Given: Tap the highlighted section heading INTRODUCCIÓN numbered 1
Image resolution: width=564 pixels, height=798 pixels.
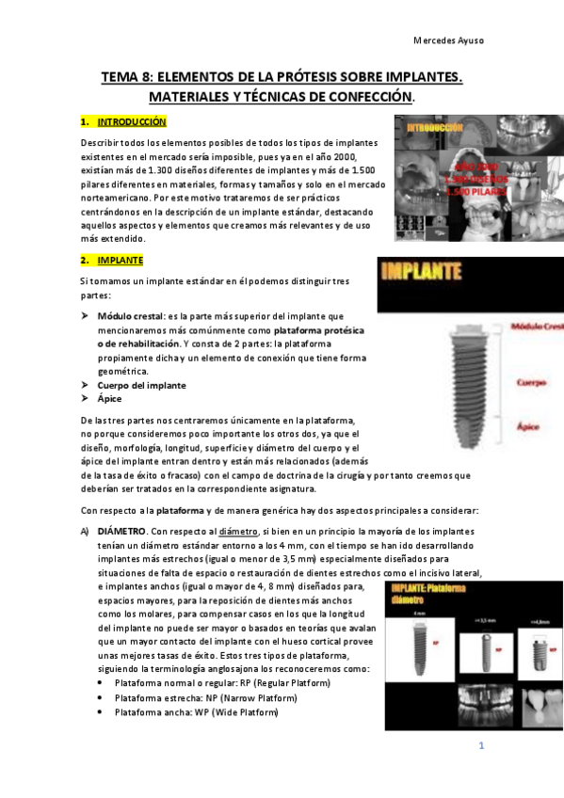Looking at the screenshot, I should pyautogui.click(x=132, y=121).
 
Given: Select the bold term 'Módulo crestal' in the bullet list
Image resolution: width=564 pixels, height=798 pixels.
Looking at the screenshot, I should pyautogui.click(x=131, y=317).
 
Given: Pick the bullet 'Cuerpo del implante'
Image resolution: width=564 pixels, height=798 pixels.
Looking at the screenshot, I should pyautogui.click(x=140, y=385).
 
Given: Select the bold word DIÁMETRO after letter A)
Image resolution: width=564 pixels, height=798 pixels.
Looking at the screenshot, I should pyautogui.click(x=124, y=532).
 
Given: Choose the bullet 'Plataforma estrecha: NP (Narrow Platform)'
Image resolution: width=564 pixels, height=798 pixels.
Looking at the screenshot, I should pyautogui.click(x=205, y=697).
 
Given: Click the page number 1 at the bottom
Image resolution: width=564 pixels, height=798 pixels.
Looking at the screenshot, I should pyautogui.click(x=480, y=746).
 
